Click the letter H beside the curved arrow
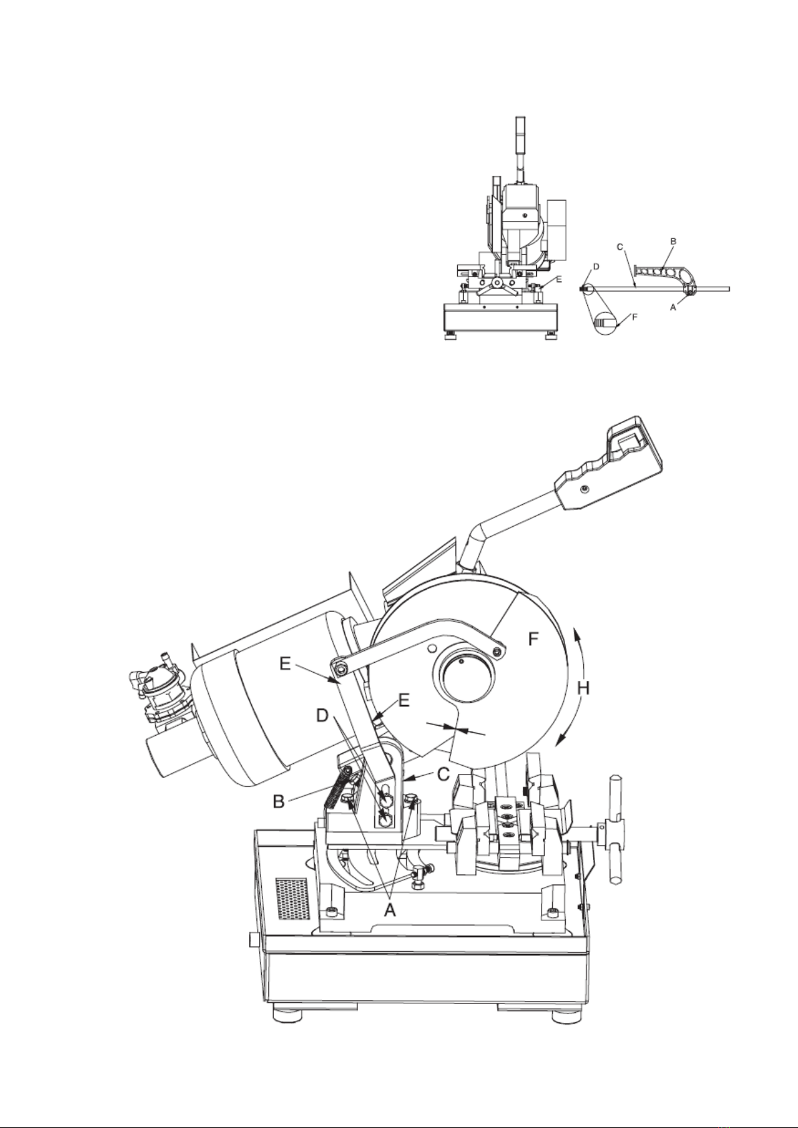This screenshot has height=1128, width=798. tap(583, 688)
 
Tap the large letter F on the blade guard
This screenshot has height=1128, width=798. tap(534, 639)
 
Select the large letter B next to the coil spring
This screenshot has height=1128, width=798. tap(279, 801)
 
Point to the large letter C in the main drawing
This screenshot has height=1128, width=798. tap(443, 774)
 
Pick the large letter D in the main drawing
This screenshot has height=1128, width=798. tap(323, 716)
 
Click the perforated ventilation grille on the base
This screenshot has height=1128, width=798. tap(292, 898)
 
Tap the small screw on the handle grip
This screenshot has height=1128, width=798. tap(584, 489)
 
